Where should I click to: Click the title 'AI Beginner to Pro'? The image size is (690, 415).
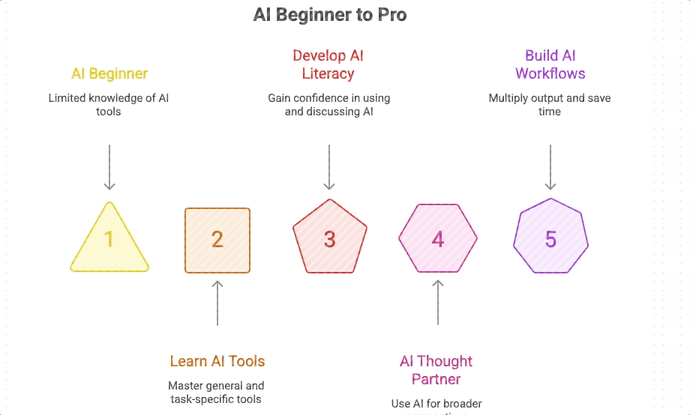pos(330,15)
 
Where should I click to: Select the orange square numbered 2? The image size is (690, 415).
pos(217,240)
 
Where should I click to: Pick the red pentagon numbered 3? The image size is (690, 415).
pos(329,240)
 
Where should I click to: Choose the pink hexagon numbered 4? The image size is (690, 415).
pos(438,240)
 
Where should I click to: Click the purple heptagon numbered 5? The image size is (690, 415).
pos(550,239)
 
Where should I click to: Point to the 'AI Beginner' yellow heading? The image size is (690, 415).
pos(109,73)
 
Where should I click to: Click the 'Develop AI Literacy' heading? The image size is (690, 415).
pos(328,64)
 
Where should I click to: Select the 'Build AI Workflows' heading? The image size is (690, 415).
pos(550,64)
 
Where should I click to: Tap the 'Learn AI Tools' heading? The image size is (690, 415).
pos(217,361)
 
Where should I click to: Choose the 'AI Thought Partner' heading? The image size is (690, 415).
pos(436,369)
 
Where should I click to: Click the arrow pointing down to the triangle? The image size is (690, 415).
pos(109,166)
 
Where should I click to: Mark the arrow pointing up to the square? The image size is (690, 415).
pos(217,303)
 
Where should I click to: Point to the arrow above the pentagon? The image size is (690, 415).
pos(329,166)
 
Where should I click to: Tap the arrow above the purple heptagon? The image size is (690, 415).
pos(550,166)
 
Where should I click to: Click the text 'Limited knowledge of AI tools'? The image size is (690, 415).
pos(109,105)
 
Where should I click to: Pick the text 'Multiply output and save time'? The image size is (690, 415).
pos(550,105)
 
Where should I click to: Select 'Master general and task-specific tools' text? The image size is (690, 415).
pos(217,393)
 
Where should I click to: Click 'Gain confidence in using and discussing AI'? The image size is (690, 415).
pos(328,105)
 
